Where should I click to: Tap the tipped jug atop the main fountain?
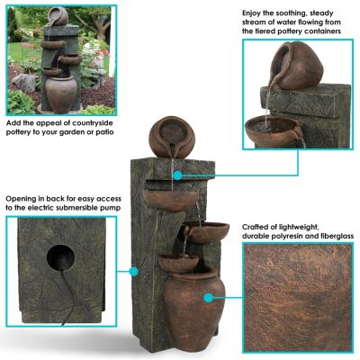click(167, 133)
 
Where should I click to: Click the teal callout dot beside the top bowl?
click(175, 174)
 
